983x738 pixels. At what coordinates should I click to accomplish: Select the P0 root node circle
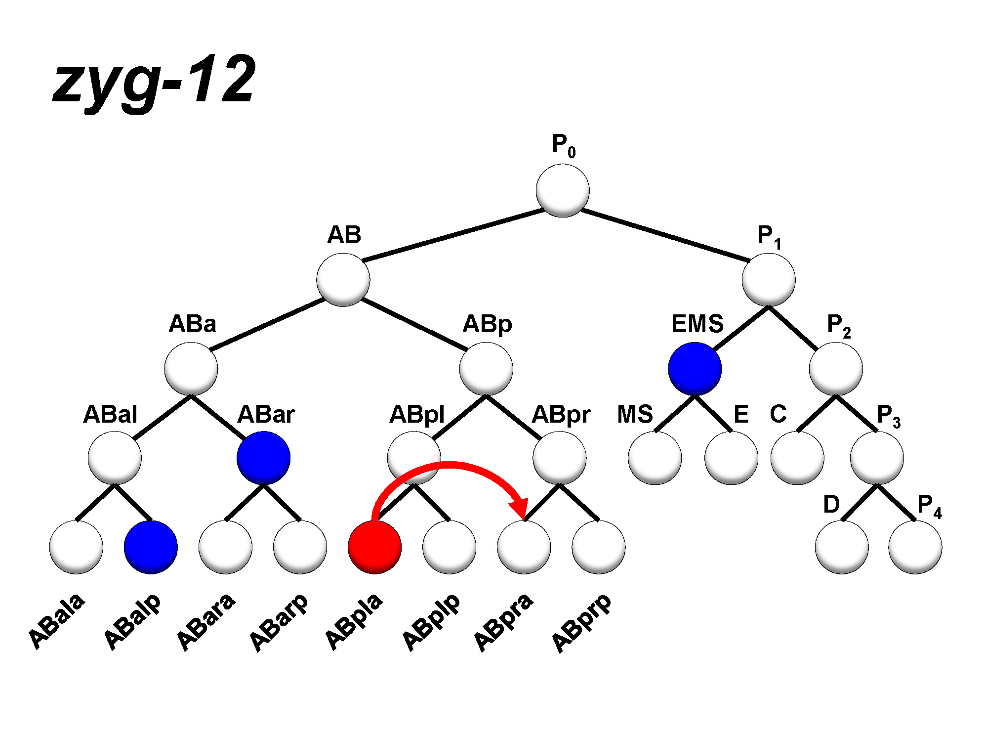pyautogui.click(x=562, y=191)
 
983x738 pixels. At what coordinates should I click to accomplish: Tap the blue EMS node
pyautogui.click(x=695, y=369)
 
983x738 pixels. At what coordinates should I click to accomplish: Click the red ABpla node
pyautogui.click(x=374, y=547)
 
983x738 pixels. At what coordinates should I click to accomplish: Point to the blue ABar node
pyautogui.click(x=263, y=458)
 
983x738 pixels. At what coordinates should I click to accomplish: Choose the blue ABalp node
pyautogui.click(x=151, y=547)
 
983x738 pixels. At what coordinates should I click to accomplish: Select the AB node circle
pyautogui.click(x=343, y=280)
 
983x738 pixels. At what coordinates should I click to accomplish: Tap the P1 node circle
pyautogui.click(x=768, y=280)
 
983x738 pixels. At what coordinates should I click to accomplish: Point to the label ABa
pyautogui.click(x=193, y=324)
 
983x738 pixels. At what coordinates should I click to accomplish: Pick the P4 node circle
pyautogui.click(x=915, y=547)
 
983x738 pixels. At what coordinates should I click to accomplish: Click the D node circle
pyautogui.click(x=842, y=547)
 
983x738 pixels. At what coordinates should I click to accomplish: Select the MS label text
pyautogui.click(x=635, y=414)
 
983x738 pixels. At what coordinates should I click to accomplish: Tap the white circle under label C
pyautogui.click(x=797, y=458)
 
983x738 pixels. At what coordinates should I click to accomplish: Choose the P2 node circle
pyautogui.click(x=836, y=369)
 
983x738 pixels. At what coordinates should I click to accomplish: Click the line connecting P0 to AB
pyautogui.click(x=453, y=235)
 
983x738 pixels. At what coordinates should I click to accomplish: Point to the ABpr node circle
pyautogui.click(x=559, y=458)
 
